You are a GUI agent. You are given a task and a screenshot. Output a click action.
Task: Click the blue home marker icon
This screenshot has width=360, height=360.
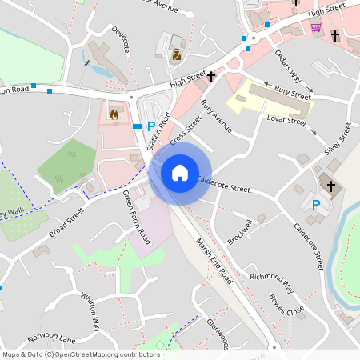point(179,172)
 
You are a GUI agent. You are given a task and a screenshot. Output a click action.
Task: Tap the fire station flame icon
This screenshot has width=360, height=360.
point(114,115)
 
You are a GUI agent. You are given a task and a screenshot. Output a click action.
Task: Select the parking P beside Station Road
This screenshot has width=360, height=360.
point(150,126)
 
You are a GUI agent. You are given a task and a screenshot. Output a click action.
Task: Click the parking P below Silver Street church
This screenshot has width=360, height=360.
point(316,205)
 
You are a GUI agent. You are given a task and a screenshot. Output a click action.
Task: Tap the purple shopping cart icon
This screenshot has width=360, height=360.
point(316,27)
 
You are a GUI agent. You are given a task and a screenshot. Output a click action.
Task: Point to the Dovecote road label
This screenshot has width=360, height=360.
point(121,39)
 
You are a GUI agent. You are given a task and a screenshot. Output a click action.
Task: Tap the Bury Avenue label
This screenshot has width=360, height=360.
point(215,114)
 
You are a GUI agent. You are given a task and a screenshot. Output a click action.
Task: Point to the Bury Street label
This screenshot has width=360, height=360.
point(292,94)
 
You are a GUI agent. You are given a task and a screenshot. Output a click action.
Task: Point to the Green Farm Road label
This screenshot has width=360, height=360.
point(136,217)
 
